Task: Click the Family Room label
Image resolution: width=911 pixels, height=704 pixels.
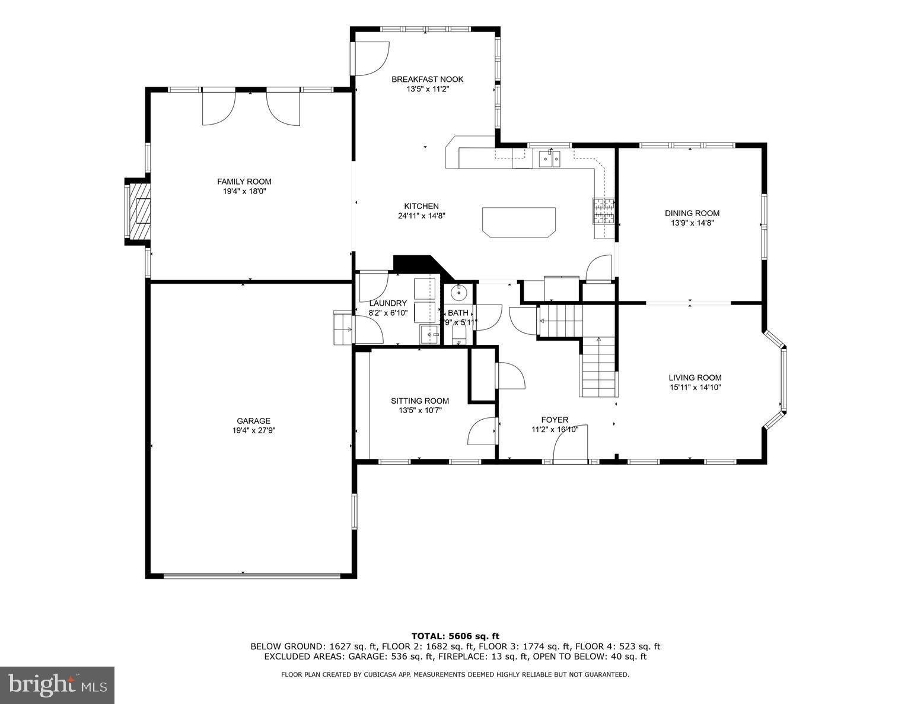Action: [x=244, y=182]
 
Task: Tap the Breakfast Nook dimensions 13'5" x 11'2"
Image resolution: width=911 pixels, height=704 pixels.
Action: [x=427, y=90]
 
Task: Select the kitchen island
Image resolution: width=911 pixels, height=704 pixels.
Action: [x=519, y=222]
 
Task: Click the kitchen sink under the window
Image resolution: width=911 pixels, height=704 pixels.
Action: [x=550, y=158]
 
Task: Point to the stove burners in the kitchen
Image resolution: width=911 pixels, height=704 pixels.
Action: [x=603, y=211]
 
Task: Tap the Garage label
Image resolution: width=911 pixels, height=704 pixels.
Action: [x=253, y=421]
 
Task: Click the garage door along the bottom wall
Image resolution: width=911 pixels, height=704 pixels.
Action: [x=251, y=575]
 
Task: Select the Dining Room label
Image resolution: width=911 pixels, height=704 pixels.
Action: [x=692, y=213]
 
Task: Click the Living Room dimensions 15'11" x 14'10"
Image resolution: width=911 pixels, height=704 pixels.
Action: [x=695, y=388]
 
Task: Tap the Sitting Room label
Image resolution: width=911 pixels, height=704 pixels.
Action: [x=419, y=401]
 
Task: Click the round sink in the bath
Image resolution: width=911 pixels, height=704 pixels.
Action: [x=459, y=293]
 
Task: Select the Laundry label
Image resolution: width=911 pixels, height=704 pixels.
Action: [x=388, y=303]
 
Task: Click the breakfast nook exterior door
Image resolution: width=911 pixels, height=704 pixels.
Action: [x=370, y=58]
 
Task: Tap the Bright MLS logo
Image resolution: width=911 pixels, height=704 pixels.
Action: [x=58, y=685]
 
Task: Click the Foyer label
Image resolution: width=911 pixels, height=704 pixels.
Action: [x=554, y=420]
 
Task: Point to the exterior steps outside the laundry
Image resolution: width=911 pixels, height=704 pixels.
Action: [x=343, y=328]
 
